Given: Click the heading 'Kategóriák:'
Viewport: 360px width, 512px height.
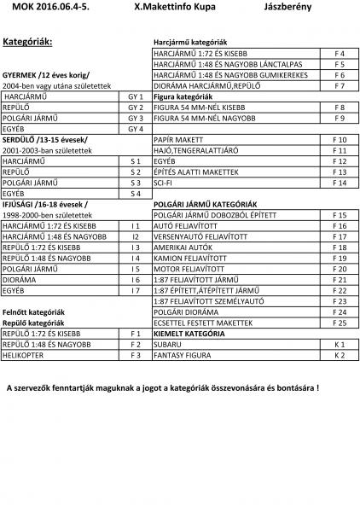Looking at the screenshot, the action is tap(28, 41).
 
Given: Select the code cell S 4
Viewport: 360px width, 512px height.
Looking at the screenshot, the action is tap(135, 194).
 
